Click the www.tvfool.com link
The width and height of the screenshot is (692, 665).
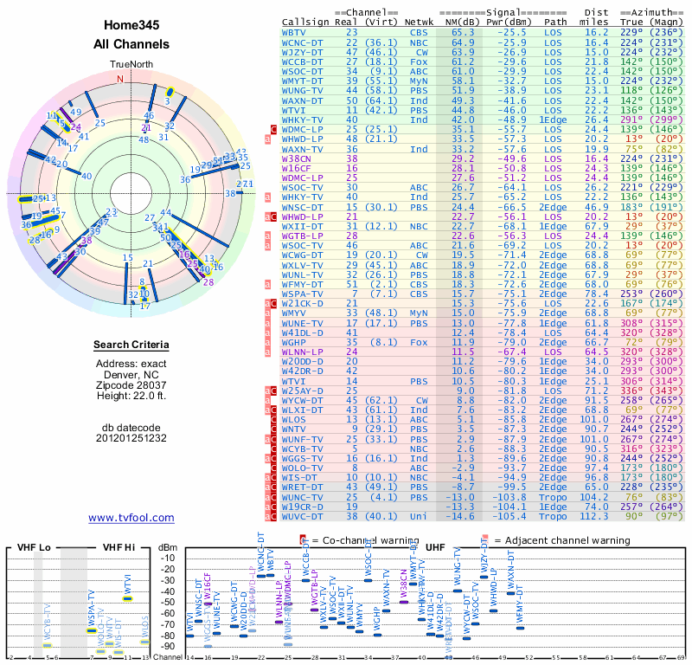click(x=131, y=518)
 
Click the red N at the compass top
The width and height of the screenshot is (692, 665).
click(x=120, y=78)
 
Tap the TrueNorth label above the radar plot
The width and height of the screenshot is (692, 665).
click(x=131, y=65)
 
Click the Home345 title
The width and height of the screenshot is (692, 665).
click(x=131, y=25)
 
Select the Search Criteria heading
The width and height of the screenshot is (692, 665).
click(x=131, y=345)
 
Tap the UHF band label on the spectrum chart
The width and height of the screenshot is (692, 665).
click(x=436, y=548)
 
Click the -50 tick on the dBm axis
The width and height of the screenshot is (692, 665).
click(x=170, y=602)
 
